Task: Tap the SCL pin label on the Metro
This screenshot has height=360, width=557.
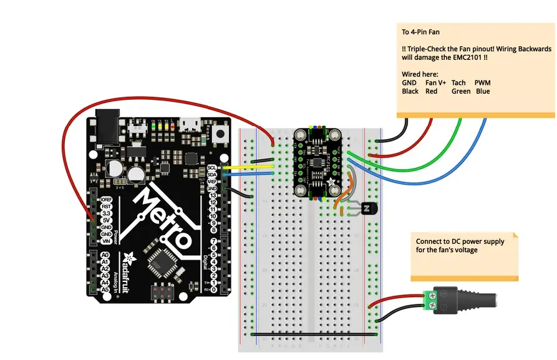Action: point(211,168)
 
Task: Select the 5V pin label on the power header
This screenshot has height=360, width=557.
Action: point(107,220)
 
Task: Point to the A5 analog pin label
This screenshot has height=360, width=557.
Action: point(105,289)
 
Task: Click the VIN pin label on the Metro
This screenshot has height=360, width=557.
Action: point(107,241)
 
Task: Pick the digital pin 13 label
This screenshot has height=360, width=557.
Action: point(213,195)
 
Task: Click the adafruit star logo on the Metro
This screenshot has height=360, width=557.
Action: point(129,257)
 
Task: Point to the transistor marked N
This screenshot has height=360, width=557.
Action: point(369,209)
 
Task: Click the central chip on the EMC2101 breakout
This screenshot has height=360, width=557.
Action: point(318,164)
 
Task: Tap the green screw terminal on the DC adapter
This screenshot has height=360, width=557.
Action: point(430,300)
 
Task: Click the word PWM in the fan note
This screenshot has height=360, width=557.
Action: point(482,82)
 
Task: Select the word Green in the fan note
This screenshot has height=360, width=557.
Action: point(461,91)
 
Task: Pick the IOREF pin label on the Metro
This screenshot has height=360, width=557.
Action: point(105,199)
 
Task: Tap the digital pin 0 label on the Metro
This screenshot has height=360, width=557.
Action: point(213,289)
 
